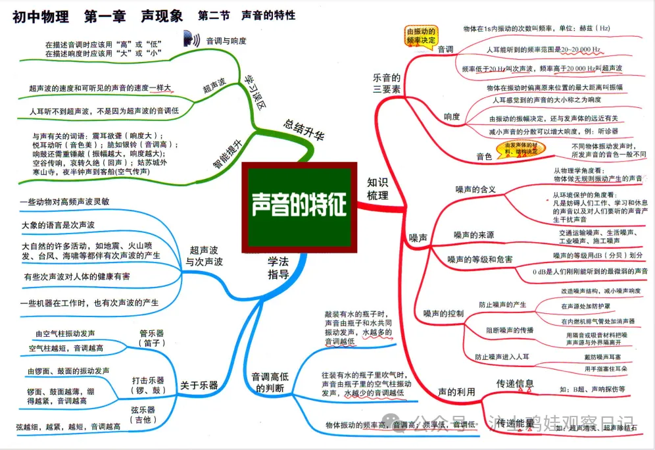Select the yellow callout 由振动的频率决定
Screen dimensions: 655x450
[421, 36]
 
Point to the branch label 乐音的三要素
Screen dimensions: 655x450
[387, 83]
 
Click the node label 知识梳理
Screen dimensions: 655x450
[378, 188]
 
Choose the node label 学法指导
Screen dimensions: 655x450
[278, 268]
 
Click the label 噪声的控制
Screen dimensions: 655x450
[443, 312]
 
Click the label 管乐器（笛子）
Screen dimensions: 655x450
[151, 337]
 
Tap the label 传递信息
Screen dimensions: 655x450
[515, 384]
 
